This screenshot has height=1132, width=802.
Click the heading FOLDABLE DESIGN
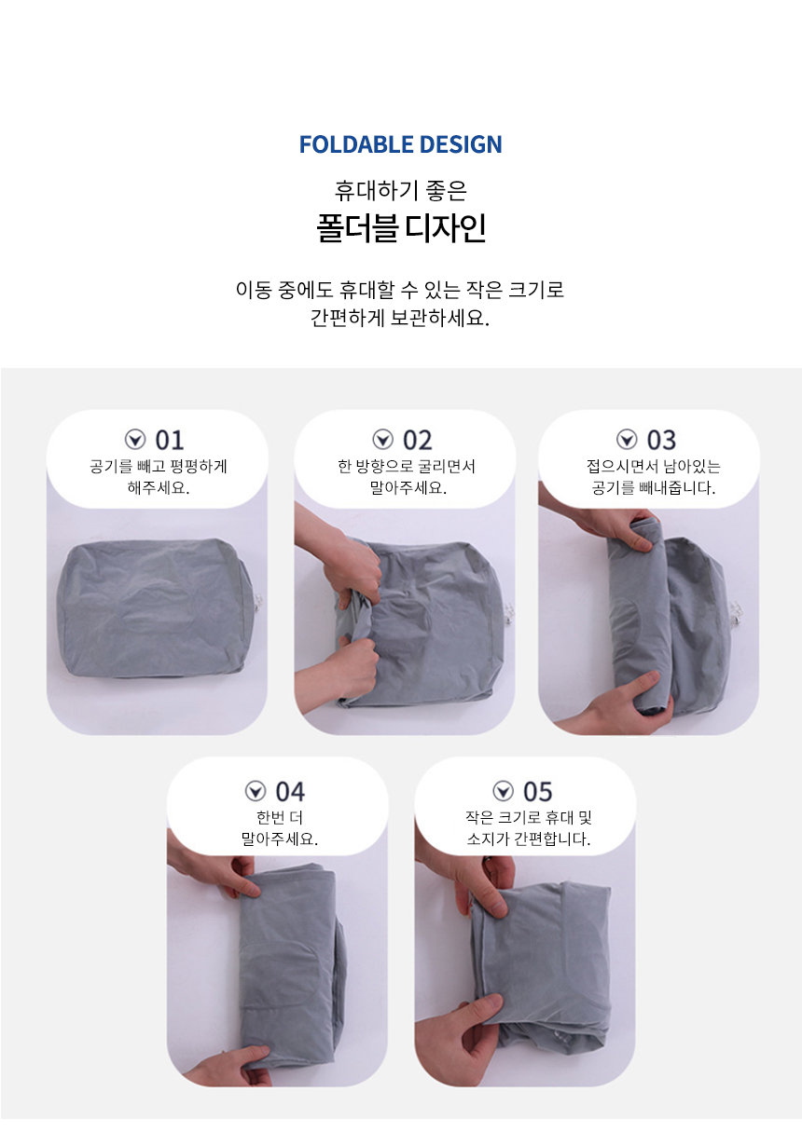(x=400, y=144)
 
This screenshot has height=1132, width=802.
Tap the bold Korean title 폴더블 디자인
(x=401, y=228)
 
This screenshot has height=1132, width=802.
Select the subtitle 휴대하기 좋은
(x=400, y=190)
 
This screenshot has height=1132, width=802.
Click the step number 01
(x=170, y=440)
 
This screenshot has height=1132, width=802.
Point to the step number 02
(x=417, y=440)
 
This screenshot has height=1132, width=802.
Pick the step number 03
(x=661, y=440)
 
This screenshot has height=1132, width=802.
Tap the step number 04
(x=290, y=792)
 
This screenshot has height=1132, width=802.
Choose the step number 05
(x=537, y=792)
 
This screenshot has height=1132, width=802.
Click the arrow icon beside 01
(x=135, y=440)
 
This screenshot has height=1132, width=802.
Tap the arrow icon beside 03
(x=627, y=440)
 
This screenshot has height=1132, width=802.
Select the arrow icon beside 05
(x=504, y=791)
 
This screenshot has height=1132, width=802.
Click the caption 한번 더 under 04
(x=279, y=817)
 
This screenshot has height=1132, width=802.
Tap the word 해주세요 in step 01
(x=159, y=487)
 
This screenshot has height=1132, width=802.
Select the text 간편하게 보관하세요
(x=400, y=319)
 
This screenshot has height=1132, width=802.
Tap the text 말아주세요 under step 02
(x=408, y=487)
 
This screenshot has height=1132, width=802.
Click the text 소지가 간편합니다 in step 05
(x=529, y=839)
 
